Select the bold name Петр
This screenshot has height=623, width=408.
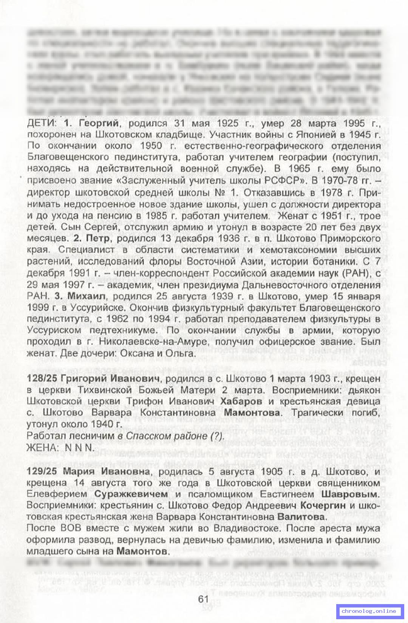[97, 239]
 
